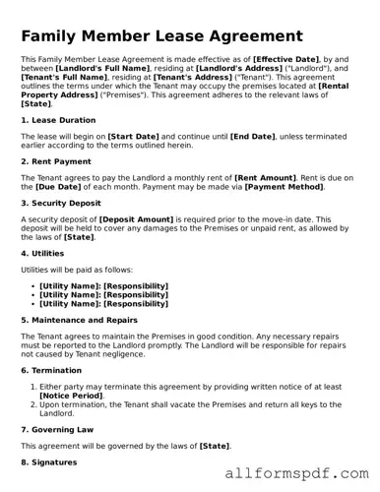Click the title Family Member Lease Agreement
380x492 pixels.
161,36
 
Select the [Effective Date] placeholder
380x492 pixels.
285,60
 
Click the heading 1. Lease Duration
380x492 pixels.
58,120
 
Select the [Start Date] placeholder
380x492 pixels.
134,137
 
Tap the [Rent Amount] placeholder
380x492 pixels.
264,177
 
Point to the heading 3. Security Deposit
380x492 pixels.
63,203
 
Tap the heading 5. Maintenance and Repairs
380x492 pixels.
79,320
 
